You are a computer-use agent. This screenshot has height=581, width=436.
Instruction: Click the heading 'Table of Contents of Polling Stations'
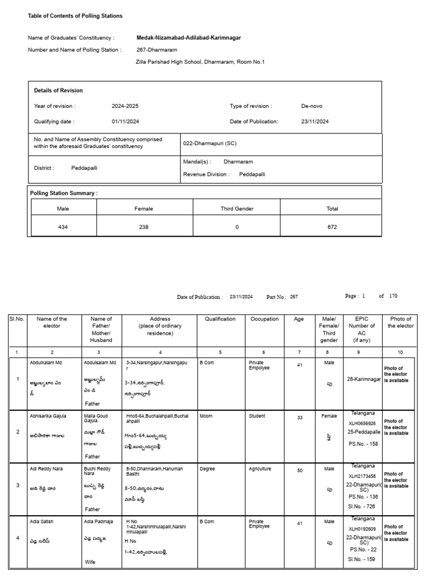(75, 16)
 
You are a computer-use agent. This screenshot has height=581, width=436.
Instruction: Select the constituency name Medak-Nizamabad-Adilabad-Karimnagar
(188, 37)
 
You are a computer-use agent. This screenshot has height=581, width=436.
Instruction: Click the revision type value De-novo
(312, 106)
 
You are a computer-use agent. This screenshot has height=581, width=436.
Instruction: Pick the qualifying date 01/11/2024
(125, 121)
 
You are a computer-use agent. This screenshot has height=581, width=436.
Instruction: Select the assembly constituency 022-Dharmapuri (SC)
(210, 144)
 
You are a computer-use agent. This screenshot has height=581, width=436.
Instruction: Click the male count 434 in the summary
(63, 227)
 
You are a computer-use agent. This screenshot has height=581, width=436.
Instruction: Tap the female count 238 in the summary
(144, 227)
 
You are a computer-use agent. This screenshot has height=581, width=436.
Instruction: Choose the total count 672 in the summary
(332, 227)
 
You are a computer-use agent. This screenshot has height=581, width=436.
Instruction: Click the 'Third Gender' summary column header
(237, 209)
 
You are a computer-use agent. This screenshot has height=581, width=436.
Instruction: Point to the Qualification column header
(220, 319)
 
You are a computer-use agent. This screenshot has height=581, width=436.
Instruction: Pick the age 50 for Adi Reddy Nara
(299, 470)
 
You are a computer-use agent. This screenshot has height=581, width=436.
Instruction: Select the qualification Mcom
(206, 416)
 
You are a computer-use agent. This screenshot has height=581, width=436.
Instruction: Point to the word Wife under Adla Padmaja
(90, 562)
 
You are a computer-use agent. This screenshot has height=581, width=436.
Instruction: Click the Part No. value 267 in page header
(294, 297)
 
